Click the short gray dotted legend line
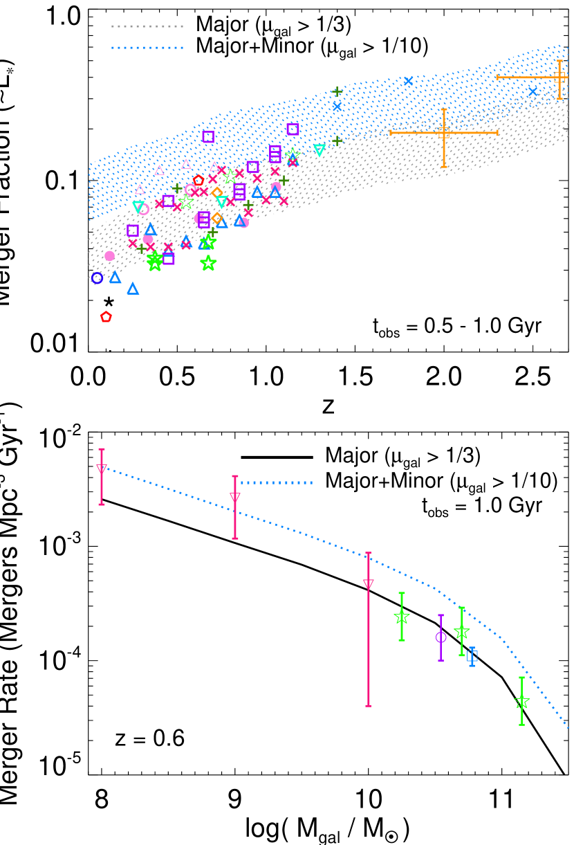tap(147, 26)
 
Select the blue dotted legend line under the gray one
tap(147, 48)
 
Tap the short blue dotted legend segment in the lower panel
tap(277, 482)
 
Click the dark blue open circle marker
tap(97, 278)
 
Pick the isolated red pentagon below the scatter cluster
tap(106, 316)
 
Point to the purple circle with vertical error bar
tap(441, 637)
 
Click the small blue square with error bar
tap(472, 655)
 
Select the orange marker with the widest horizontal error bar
tap(443, 132)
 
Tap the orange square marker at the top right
tap(559, 77)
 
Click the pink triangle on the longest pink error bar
tap(368, 584)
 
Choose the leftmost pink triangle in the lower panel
tap(102, 469)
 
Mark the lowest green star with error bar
tap(521, 702)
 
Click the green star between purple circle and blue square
tap(461, 631)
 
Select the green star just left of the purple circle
tap(401, 616)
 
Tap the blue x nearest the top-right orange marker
tap(533, 91)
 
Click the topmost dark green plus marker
tap(337, 91)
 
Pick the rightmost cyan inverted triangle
tap(319, 149)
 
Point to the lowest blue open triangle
tap(133, 289)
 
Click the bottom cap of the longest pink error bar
tap(368, 705)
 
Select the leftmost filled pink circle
tap(109, 256)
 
